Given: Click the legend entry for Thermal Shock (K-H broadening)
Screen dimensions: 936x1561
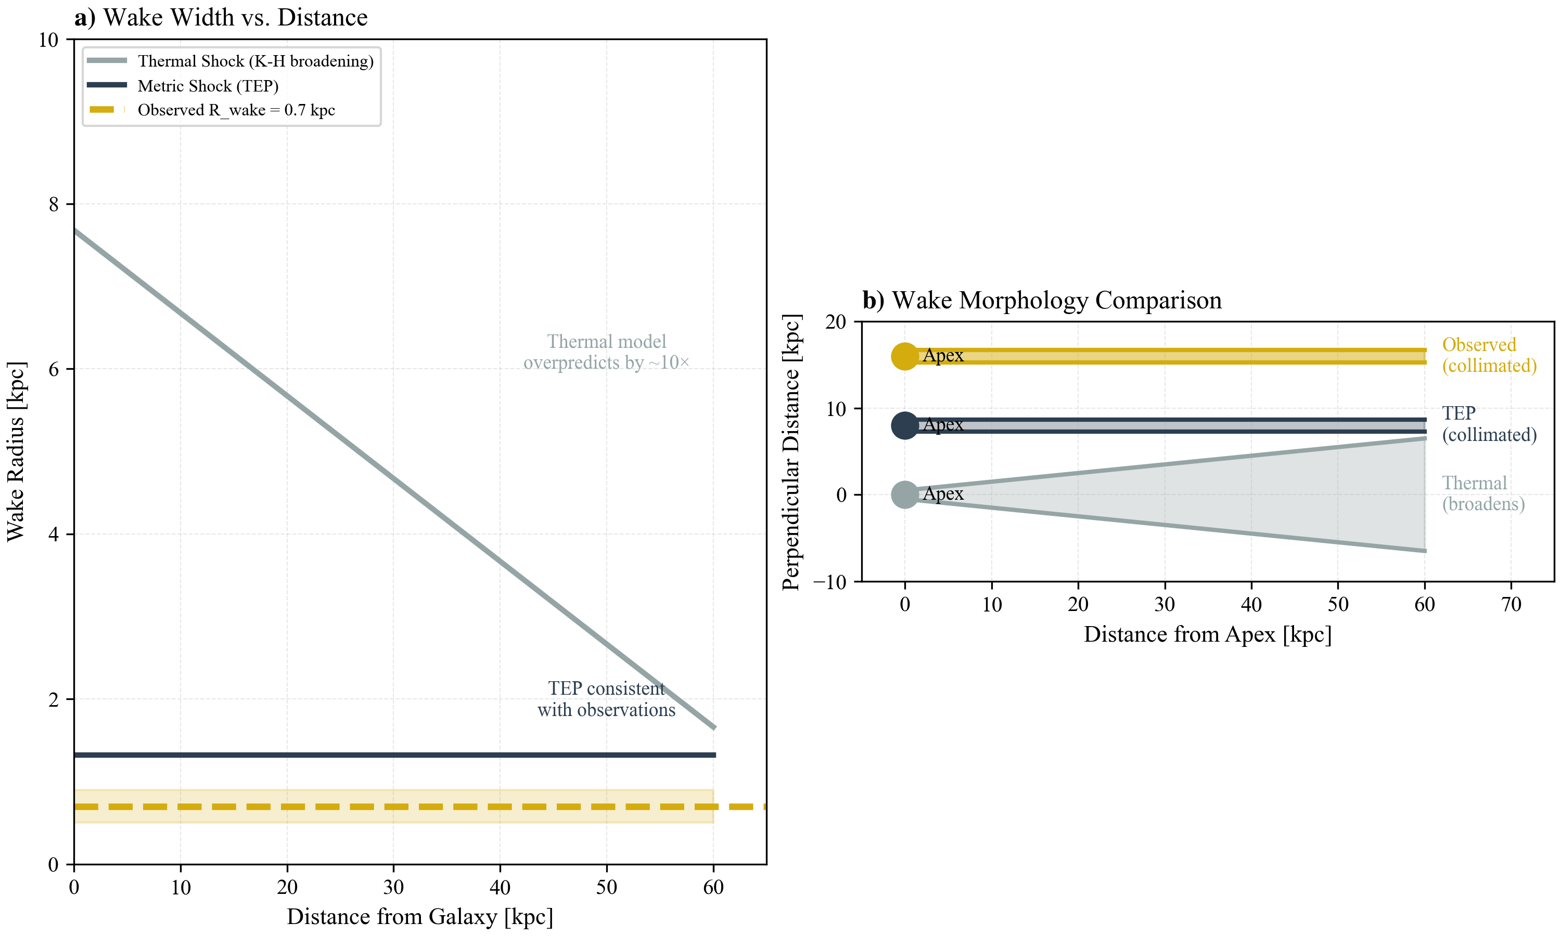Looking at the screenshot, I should click(x=255, y=61).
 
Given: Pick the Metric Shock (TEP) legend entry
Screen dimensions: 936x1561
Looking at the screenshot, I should click(x=208, y=86).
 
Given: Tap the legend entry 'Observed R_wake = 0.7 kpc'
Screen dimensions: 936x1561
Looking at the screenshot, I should click(x=236, y=110).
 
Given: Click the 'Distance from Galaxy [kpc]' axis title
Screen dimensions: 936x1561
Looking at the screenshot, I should click(x=419, y=916).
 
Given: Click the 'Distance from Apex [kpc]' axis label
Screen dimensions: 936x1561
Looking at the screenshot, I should click(x=1207, y=634).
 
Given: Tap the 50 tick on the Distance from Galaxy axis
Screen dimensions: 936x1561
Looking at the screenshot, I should click(x=606, y=888).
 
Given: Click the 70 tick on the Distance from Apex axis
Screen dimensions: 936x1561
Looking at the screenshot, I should click(x=1511, y=605).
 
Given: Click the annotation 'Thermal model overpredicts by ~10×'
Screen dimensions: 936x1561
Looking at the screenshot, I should click(x=606, y=352).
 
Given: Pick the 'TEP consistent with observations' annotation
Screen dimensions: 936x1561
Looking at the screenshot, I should click(x=606, y=699).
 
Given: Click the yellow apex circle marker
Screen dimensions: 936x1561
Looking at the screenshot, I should click(x=905, y=356).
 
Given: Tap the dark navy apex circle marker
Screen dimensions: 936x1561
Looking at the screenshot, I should click(x=905, y=426).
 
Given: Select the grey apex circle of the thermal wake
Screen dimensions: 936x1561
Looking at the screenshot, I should click(x=905, y=495).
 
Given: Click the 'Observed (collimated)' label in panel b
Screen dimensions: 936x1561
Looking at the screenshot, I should click(x=1489, y=355).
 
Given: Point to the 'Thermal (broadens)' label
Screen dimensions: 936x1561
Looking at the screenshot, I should click(x=1483, y=493).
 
